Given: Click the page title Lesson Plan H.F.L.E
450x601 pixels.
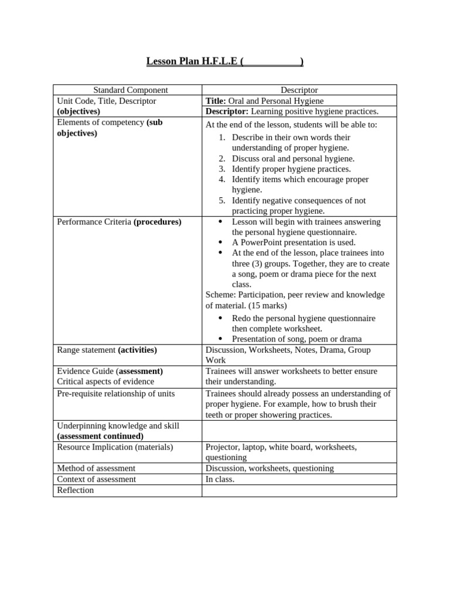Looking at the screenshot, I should pos(224,62).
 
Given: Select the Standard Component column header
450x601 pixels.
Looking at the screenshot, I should pos(131,90).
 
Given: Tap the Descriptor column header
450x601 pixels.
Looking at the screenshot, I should pos(299,90).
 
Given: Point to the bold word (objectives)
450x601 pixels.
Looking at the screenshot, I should pos(79,112).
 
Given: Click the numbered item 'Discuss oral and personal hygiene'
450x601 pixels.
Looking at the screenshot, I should pos(293,158).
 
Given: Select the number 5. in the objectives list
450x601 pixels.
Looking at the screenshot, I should pos(222,201).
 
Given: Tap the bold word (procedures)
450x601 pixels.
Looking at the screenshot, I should pos(158,222).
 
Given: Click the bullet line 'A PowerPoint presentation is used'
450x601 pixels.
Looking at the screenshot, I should pos(294,242).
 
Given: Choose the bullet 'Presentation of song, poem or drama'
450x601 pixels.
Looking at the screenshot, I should pos(296,339).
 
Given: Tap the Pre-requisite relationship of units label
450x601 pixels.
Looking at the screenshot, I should pos(115,394).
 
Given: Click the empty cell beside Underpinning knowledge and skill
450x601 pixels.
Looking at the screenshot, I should pos(299,431).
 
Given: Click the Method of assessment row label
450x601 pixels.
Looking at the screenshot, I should pos(96,468).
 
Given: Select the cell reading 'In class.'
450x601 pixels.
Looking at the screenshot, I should pos(220,479).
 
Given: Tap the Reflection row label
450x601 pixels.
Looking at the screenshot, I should pos(75,490).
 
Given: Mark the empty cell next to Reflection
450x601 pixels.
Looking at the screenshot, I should pos(299,490).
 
